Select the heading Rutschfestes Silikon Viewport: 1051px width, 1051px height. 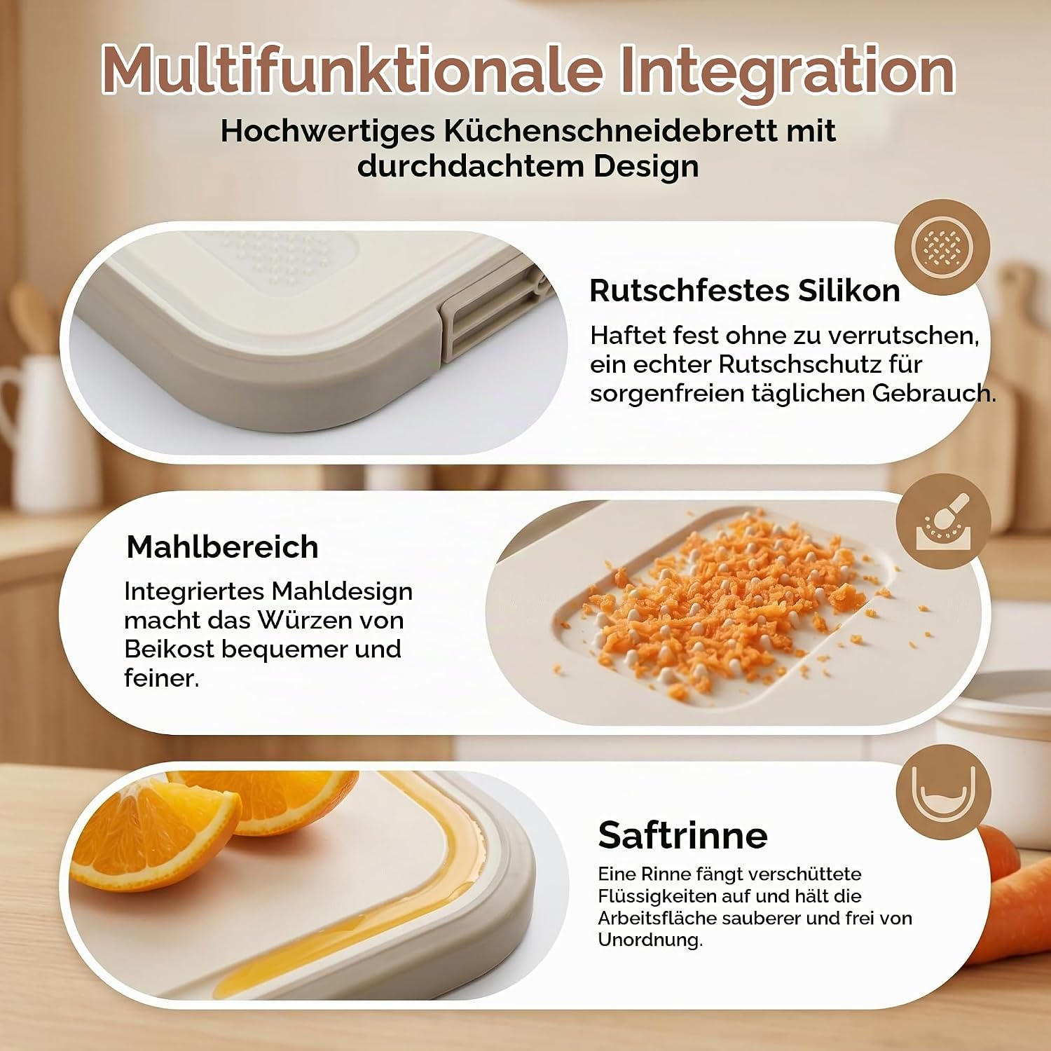pyautogui.click(x=745, y=290)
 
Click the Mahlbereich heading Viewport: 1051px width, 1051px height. pyautogui.click(x=223, y=547)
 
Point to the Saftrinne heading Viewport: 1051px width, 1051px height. pyautogui.click(x=683, y=835)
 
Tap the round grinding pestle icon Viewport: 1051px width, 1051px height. pyautogui.click(x=943, y=521)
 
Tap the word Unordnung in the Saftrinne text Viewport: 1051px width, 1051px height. pyautogui.click(x=650, y=940)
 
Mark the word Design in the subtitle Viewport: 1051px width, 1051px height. pyautogui.click(x=646, y=167)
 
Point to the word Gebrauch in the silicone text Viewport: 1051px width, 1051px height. pyautogui.click(x=934, y=393)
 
